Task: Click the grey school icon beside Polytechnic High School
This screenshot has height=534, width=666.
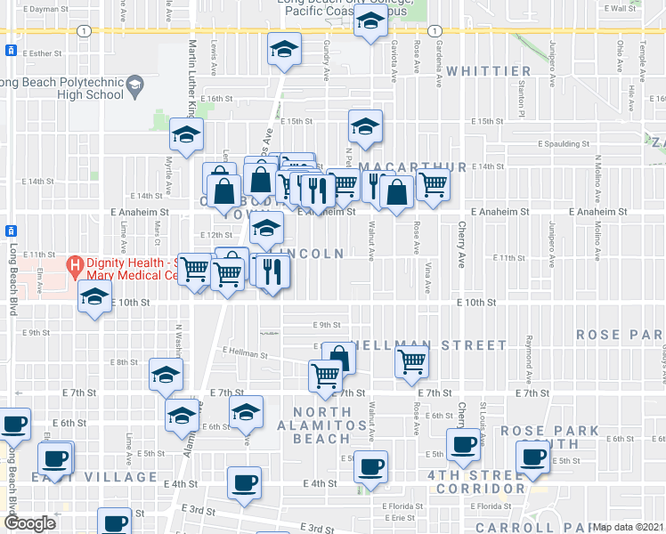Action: pos(135,86)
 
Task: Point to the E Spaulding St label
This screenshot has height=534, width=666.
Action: pos(564,143)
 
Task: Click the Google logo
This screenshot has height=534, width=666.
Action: pos(29,523)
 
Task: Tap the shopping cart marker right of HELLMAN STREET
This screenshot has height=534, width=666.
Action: pos(411,362)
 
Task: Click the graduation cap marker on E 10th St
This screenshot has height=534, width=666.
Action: pos(93,299)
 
